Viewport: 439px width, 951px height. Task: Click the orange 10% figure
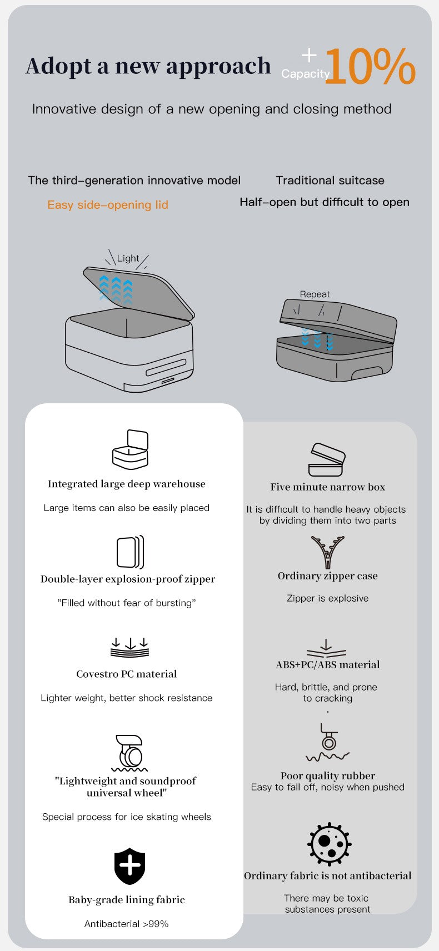(370, 66)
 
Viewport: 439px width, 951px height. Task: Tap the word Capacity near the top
(305, 74)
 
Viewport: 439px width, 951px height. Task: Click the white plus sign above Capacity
(309, 55)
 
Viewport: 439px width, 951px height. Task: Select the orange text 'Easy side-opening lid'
(108, 204)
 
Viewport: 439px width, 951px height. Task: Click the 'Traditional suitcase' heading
(330, 181)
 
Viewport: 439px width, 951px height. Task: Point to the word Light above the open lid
(128, 258)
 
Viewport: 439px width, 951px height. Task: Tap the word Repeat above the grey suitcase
(315, 294)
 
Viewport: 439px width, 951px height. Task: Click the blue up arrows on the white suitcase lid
(116, 289)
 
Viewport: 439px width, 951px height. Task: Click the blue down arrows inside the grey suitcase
(317, 338)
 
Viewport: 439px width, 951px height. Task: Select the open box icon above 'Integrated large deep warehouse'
(131, 449)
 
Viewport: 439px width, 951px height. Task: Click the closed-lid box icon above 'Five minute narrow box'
(327, 459)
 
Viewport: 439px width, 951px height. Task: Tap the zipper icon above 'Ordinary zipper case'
(327, 552)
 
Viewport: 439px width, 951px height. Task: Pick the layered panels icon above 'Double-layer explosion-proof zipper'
(131, 552)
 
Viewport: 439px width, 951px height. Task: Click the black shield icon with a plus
(129, 866)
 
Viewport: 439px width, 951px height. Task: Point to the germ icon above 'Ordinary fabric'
(329, 844)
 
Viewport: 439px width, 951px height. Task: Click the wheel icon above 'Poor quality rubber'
(327, 743)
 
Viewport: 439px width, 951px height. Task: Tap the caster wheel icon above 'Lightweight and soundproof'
(129, 753)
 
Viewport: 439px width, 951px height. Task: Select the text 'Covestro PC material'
(127, 674)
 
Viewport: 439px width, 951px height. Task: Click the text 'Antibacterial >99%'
(127, 924)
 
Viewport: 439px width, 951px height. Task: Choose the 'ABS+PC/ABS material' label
(328, 665)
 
